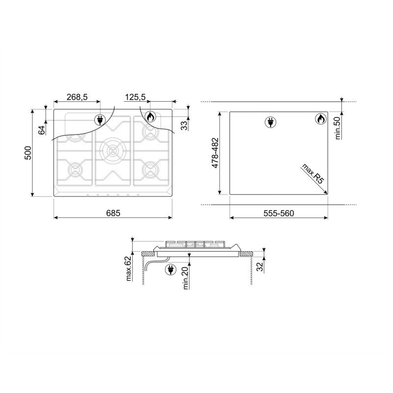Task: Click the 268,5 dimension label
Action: [x=77, y=97]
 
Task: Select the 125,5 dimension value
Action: [x=136, y=97]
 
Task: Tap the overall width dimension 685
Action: [x=113, y=213]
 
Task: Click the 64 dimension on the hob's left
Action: [x=42, y=129]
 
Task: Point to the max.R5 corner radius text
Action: [x=313, y=173]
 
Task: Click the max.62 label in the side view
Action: [x=128, y=268]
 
